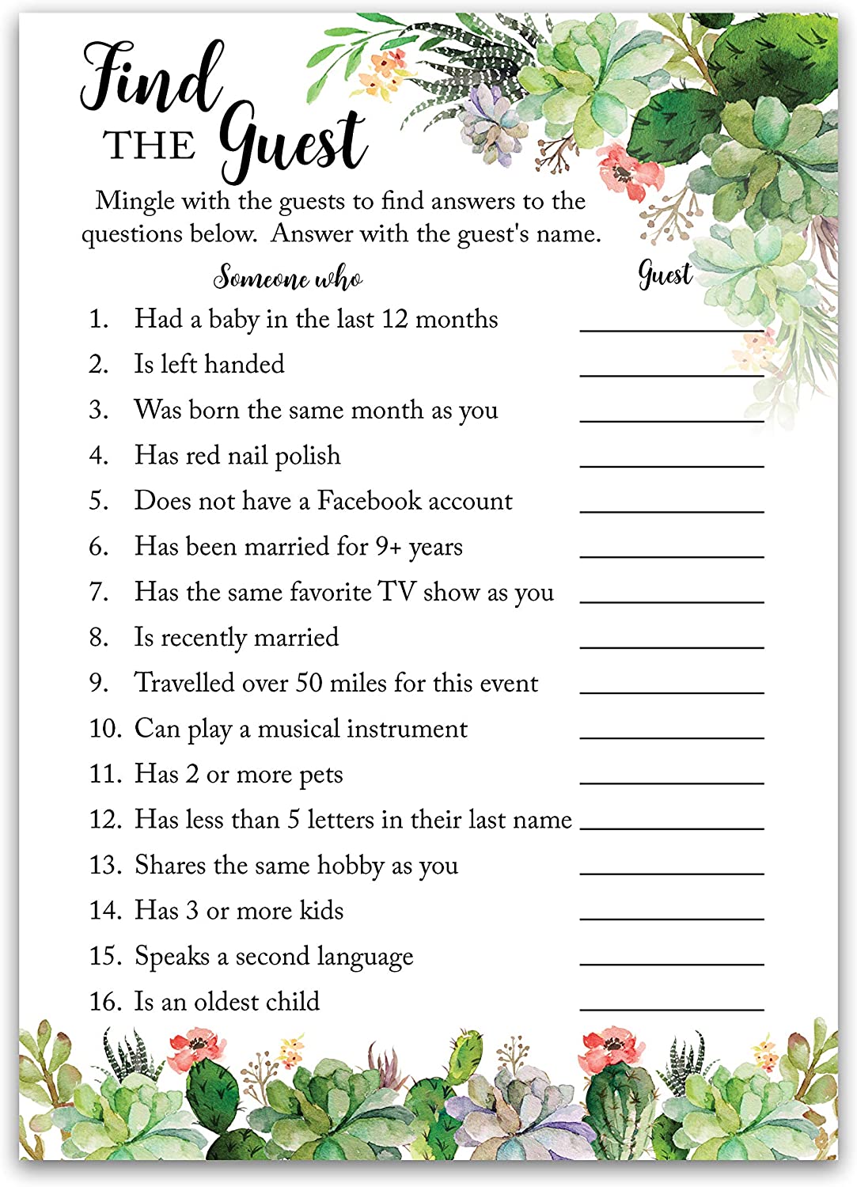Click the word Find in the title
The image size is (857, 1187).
[x=150, y=79]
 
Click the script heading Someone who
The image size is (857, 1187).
[x=288, y=278]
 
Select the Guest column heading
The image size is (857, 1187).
[x=665, y=275]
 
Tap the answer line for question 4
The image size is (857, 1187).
[x=671, y=466]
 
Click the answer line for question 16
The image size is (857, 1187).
[x=671, y=1010]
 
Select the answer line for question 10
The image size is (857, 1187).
[x=671, y=738]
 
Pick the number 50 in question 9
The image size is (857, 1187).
[x=309, y=683]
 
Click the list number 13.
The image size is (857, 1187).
[x=104, y=865]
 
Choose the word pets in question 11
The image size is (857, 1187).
[x=320, y=775]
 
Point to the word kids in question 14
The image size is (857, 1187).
[x=321, y=911]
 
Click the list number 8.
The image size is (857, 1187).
[x=98, y=638]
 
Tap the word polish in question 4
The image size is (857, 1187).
[x=307, y=457]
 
